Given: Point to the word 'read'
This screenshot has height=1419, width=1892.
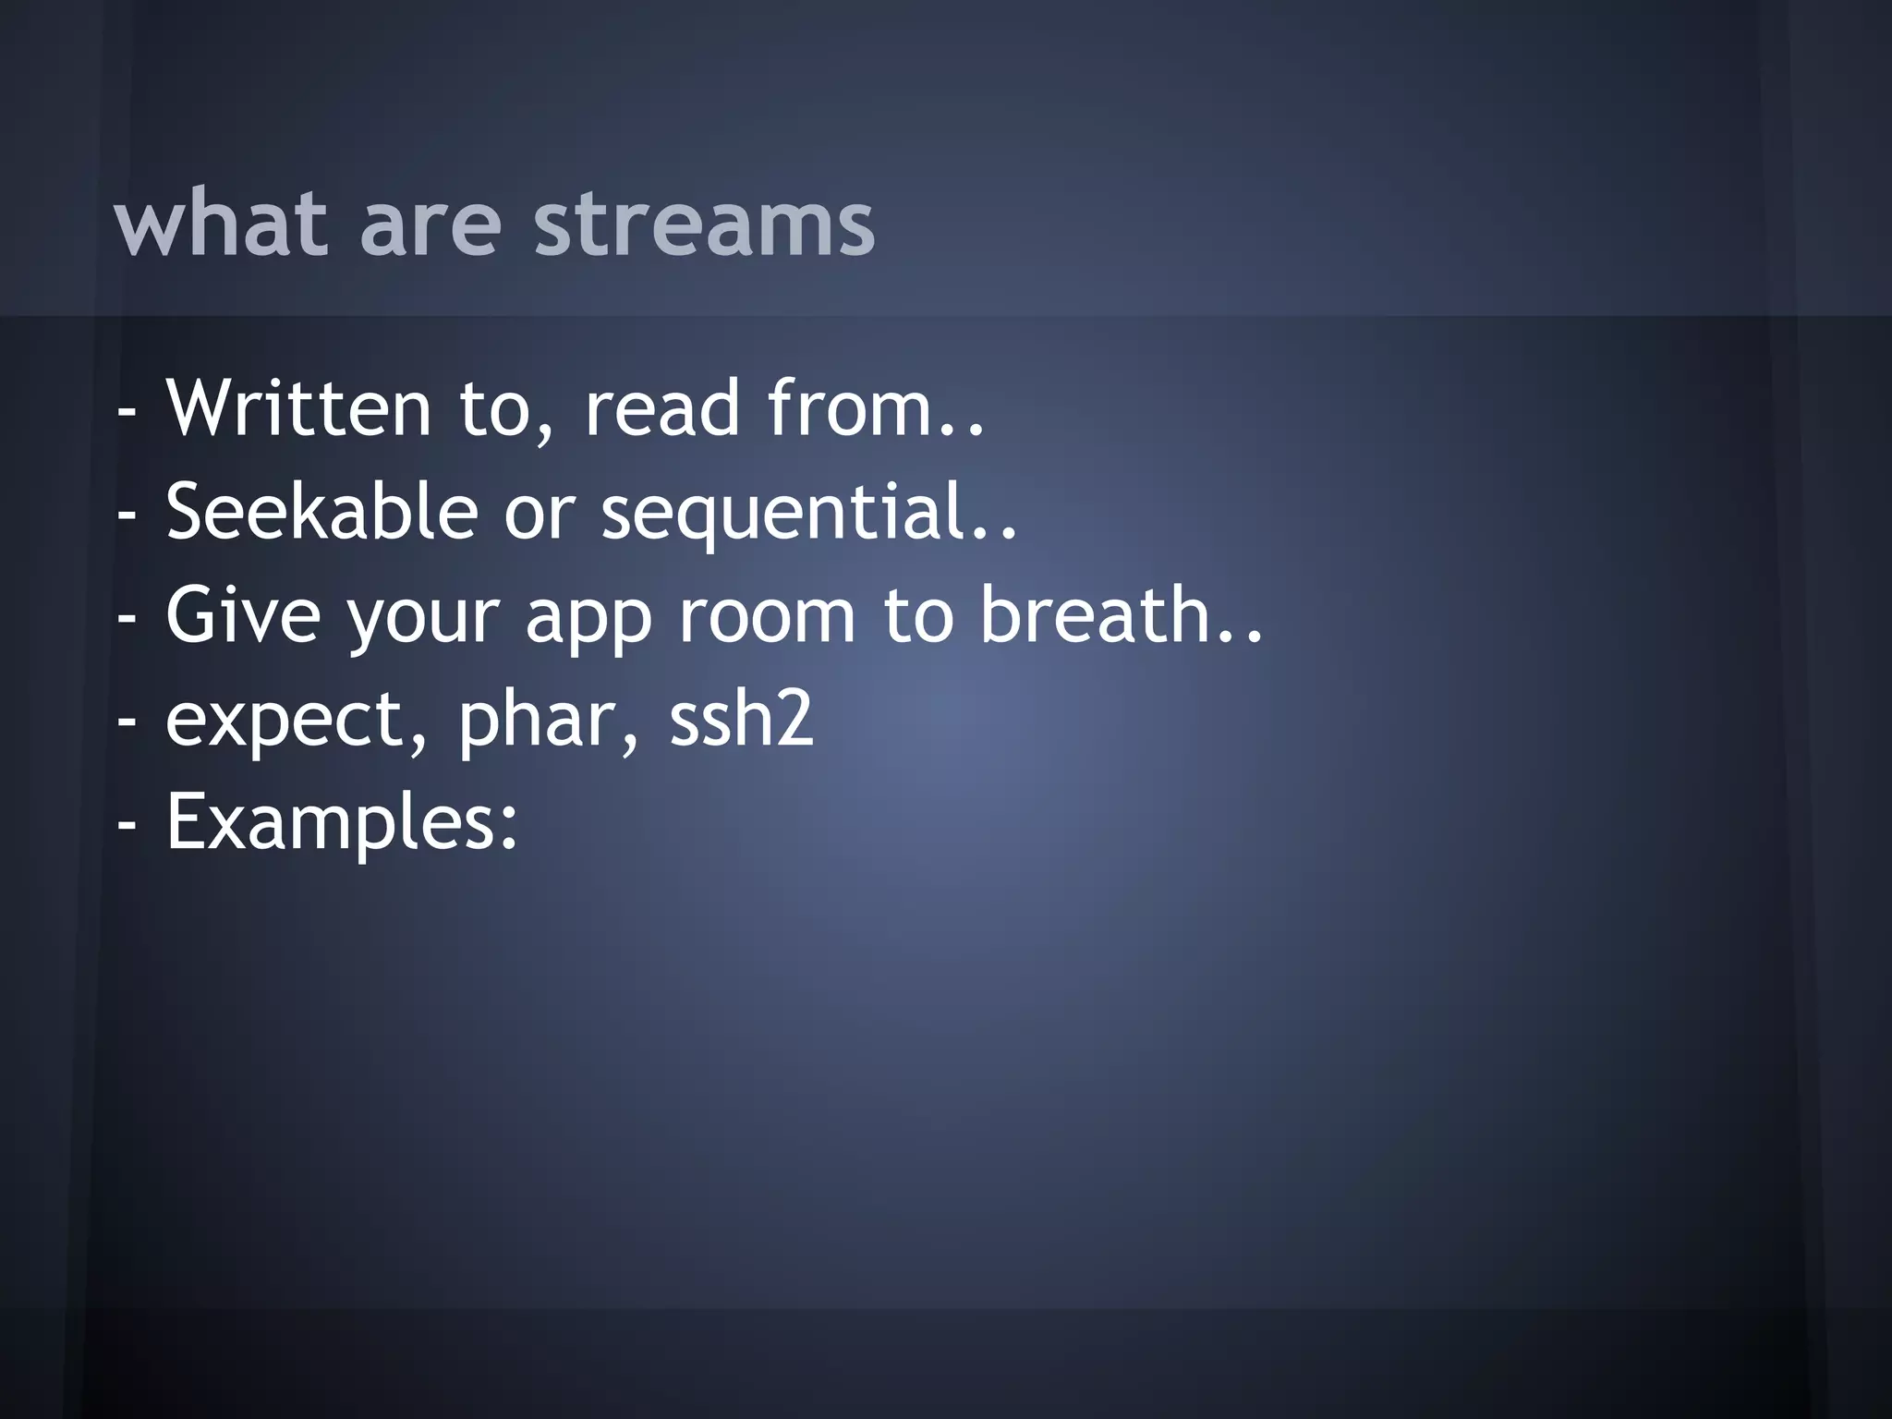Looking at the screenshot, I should point(662,408).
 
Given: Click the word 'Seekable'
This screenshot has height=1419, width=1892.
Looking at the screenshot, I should point(321,512).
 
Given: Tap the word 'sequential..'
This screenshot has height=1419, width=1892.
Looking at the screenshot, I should point(809,514).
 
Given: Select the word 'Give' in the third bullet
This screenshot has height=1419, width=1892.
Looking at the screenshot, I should point(243,615).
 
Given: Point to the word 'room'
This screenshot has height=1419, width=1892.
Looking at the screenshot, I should point(768,615).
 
